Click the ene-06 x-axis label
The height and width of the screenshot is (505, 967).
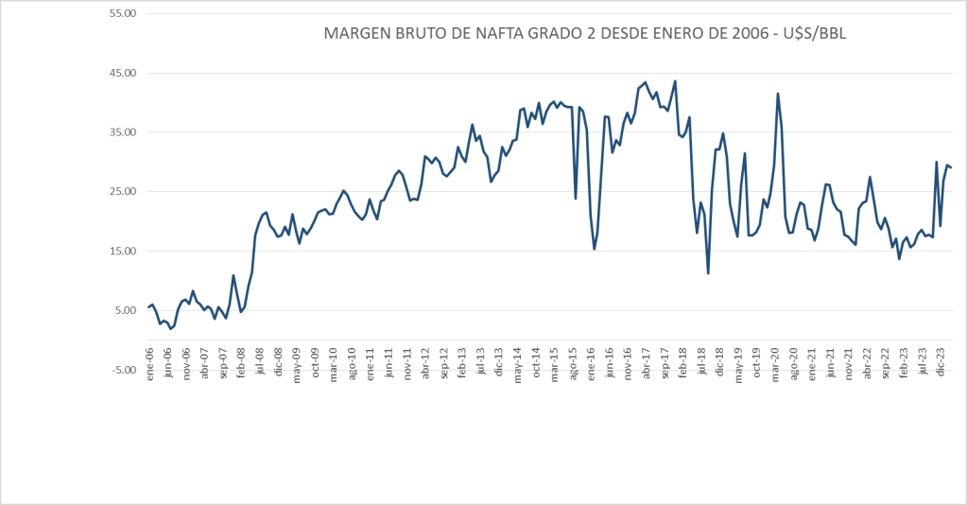pos(150,363)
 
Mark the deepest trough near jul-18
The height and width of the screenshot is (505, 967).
pos(708,273)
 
